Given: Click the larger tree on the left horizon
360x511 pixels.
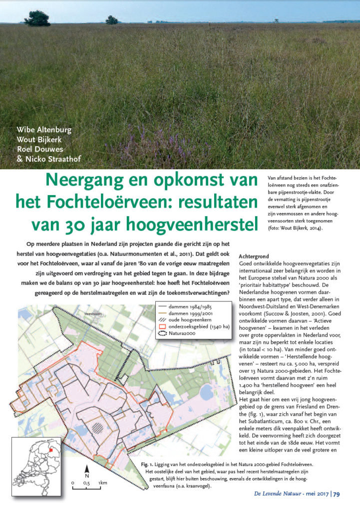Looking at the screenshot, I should click(37, 18).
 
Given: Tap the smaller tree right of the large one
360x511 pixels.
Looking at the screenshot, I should click(111, 19).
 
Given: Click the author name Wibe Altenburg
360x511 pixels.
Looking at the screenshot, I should click(44, 130).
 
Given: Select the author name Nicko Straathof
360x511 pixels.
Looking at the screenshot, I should click(50, 159).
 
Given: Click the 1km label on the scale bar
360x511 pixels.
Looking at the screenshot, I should click(103, 483).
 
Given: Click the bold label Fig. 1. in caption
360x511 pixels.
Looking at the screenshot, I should click(148, 465).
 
